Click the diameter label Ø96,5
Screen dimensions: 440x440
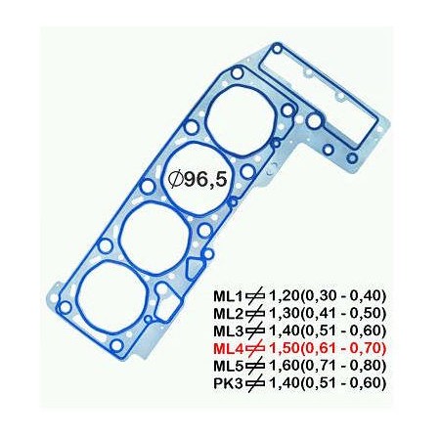[x=198, y=179]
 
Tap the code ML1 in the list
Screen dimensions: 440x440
[x=229, y=296]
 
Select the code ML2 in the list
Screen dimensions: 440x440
[x=229, y=314]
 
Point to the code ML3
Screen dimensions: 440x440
[x=229, y=330]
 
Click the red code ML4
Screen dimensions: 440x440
[x=229, y=348]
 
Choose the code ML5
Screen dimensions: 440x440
[x=229, y=366]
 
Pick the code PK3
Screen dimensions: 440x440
[x=229, y=383]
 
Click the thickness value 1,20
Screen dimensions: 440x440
[x=285, y=296]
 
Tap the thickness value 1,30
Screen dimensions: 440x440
[x=285, y=314]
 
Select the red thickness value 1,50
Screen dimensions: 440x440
[x=285, y=348]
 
